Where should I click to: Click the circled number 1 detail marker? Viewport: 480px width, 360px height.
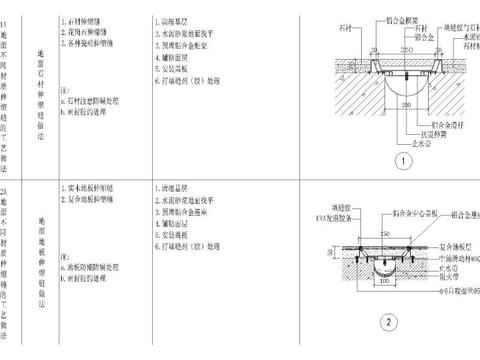tap(401, 159)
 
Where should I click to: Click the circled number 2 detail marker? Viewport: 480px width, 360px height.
tap(390, 321)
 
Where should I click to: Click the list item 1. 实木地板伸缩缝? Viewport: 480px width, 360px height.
tap(96, 187)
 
